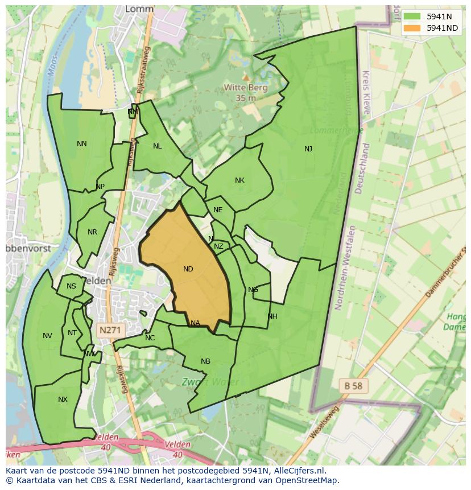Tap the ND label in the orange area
pos(188,269)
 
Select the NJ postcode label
pos(308,149)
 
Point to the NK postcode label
pos(239,180)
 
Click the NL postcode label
pos(158,146)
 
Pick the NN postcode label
pos(82,144)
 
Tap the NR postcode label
pos(93,232)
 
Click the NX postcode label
pos(63,400)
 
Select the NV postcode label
pos(47,336)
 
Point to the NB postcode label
pos(205,361)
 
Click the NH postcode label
pos(272,316)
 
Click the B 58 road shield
pos(353,385)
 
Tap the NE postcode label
pos(218,210)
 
